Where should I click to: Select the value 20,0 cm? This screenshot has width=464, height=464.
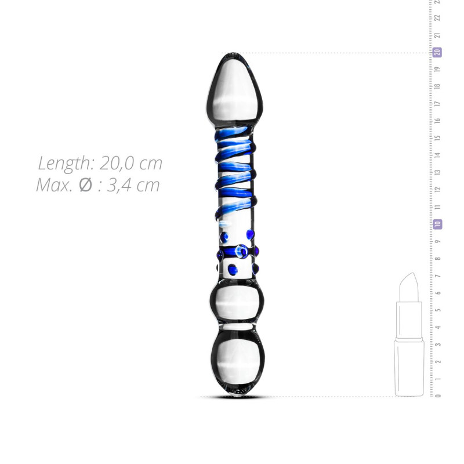130,163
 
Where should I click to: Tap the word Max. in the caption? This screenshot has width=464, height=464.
55,185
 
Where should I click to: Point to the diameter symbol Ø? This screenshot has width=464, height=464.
85,185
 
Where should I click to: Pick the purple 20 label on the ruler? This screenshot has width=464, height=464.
438,52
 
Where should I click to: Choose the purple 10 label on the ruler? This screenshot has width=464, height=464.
438,224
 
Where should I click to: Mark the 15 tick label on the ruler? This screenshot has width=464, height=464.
438,138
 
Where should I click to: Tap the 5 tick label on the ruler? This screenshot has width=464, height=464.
438,310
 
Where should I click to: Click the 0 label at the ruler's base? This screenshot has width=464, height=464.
438,396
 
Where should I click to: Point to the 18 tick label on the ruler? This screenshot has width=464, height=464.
438,86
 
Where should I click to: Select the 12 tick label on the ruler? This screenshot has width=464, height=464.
438,190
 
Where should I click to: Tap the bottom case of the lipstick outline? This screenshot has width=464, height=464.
409,368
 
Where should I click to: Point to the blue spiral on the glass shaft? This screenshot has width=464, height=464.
235,174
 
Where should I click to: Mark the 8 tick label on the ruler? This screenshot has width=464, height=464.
438,258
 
